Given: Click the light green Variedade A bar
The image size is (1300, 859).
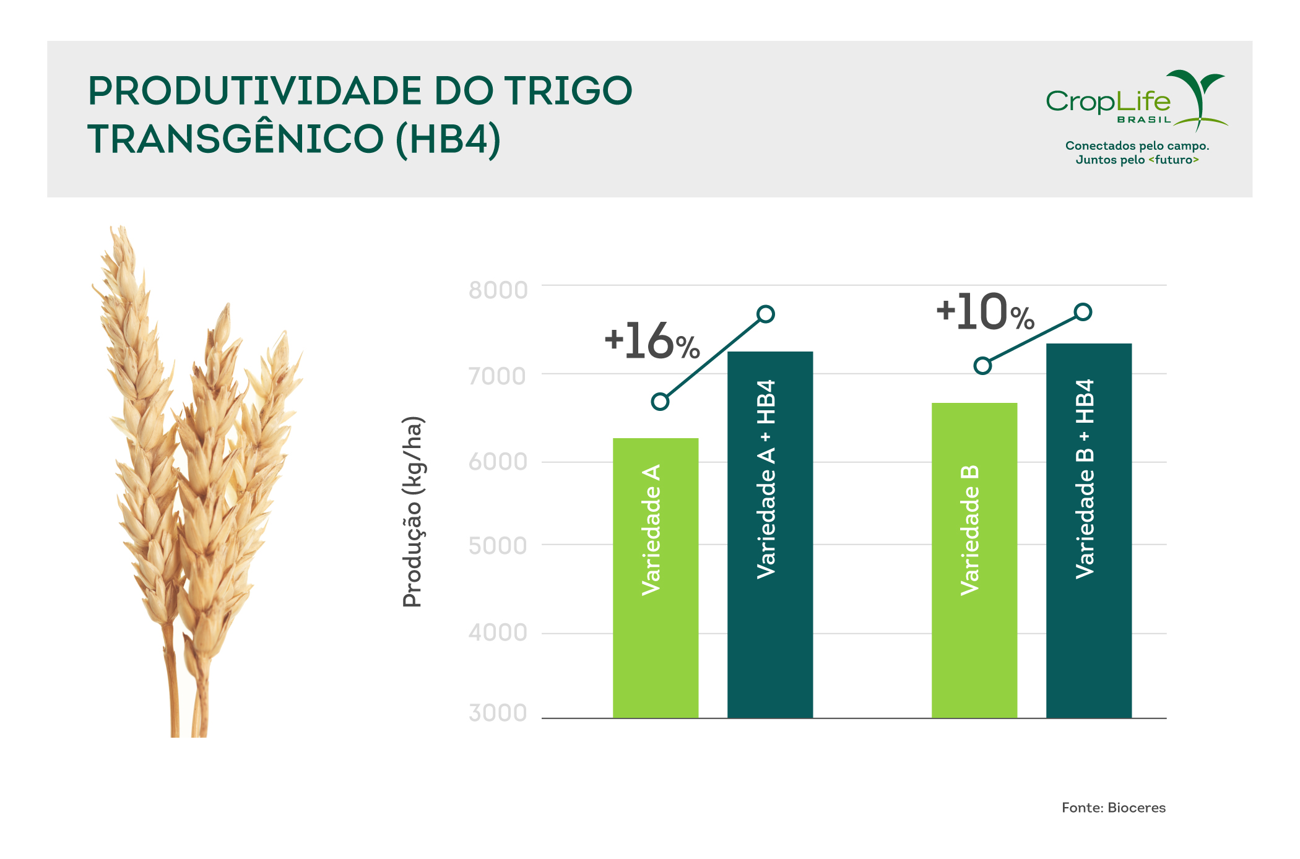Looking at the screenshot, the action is coord(656,578).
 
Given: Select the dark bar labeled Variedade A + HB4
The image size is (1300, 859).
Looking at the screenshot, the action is coord(770,535).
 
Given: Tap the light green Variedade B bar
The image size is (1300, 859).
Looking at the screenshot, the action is coord(974,561).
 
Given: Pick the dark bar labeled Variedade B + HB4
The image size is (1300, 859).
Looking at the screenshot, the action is coord(1089,531).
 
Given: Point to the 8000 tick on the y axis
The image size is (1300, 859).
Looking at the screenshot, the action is coord(498,290).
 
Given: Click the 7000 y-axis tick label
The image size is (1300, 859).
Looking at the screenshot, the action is coord(497,376).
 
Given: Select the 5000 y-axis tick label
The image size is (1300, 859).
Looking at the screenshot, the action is coord(498,546).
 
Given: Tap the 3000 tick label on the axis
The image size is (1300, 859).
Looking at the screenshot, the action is coord(498,713).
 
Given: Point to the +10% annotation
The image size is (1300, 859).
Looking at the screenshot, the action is coord(986,312).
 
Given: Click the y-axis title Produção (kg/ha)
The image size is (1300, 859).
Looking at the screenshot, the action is coord(413,512).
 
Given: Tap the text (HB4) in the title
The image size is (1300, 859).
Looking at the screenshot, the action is coord(449,139).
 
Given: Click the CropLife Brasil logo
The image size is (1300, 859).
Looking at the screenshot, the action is coord(1137,100).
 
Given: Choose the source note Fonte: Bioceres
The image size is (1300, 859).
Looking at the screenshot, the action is coord(1114,808).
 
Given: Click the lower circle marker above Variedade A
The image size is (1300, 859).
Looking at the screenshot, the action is coord(661,402).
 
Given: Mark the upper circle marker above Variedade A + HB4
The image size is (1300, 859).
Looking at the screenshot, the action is coord(766,314).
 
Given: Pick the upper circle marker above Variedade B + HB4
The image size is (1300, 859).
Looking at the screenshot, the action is coord(1083,312).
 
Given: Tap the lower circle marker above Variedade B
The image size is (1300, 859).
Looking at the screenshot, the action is coord(982,366).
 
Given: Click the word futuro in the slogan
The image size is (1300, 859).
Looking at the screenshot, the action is coord(1174,160).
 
